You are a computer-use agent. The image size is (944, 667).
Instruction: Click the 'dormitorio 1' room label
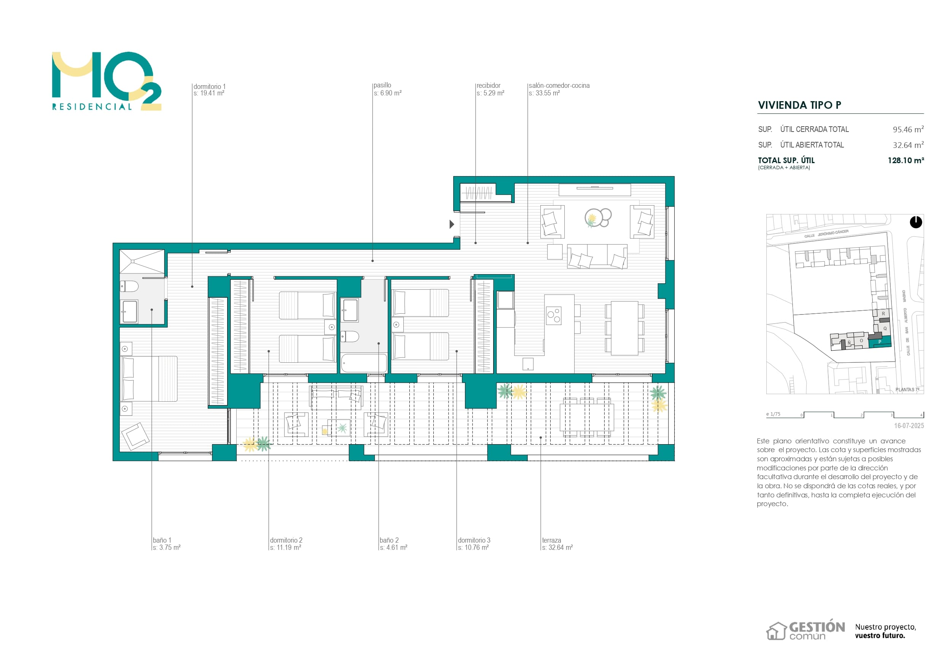click(209, 87)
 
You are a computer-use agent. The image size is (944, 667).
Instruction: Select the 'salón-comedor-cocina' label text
click(559, 86)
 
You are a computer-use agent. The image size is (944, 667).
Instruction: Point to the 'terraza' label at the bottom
click(551, 540)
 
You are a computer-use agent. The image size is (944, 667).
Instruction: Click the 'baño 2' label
click(389, 540)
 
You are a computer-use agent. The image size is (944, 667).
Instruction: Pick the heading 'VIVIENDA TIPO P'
click(799, 105)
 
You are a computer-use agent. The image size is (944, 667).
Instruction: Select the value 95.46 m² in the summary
click(908, 129)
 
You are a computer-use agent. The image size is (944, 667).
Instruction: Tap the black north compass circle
click(915, 222)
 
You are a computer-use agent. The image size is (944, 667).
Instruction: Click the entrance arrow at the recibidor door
click(451, 224)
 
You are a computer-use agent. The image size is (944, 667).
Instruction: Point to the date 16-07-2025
click(909, 426)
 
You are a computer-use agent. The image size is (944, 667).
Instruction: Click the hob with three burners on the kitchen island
click(554, 316)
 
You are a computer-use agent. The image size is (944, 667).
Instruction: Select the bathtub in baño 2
click(364, 363)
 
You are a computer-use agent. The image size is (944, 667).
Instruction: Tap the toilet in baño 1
click(129, 286)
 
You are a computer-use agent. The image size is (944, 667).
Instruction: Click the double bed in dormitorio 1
click(149, 378)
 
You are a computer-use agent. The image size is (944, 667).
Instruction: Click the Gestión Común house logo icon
click(776, 631)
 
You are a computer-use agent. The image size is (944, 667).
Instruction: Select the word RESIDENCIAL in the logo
click(92, 107)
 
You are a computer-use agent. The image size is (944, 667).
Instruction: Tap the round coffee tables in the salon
click(598, 218)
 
